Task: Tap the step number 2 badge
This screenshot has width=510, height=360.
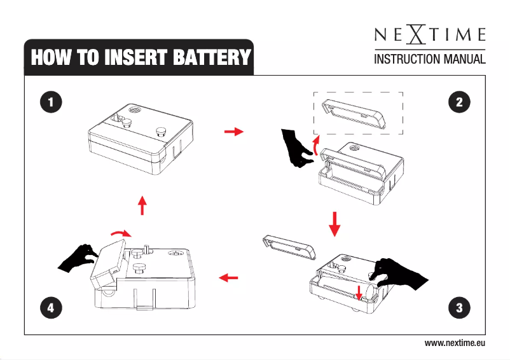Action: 458,101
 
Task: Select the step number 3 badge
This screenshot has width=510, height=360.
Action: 458,308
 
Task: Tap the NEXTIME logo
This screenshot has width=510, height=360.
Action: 429,34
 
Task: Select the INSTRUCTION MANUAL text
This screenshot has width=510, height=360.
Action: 429,60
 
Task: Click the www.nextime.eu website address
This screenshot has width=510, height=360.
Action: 455,343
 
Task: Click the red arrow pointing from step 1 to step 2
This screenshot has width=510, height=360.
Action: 234,132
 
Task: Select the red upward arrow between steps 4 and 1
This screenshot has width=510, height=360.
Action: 142,205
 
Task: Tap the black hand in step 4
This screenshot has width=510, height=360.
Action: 78,256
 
